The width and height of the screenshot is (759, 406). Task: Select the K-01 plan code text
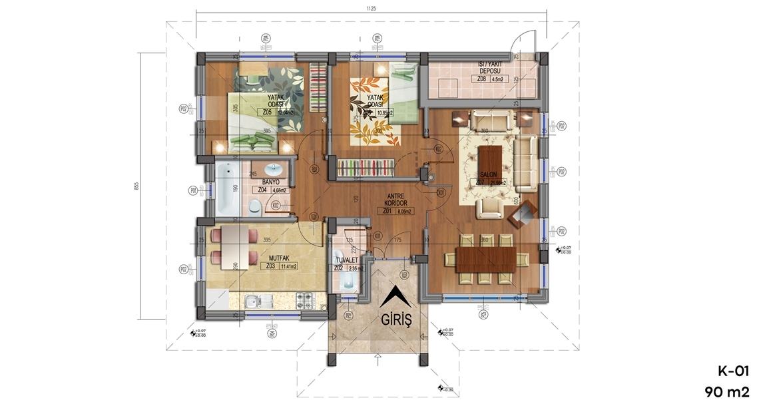[x=732, y=371]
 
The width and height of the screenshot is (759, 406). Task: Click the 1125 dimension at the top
[x=372, y=9]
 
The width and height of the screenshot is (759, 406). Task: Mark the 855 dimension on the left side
[x=136, y=186]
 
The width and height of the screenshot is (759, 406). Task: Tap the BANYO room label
[x=270, y=182]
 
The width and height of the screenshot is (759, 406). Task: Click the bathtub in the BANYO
[x=226, y=190]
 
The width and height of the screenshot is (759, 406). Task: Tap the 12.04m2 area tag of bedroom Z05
[x=287, y=112]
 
